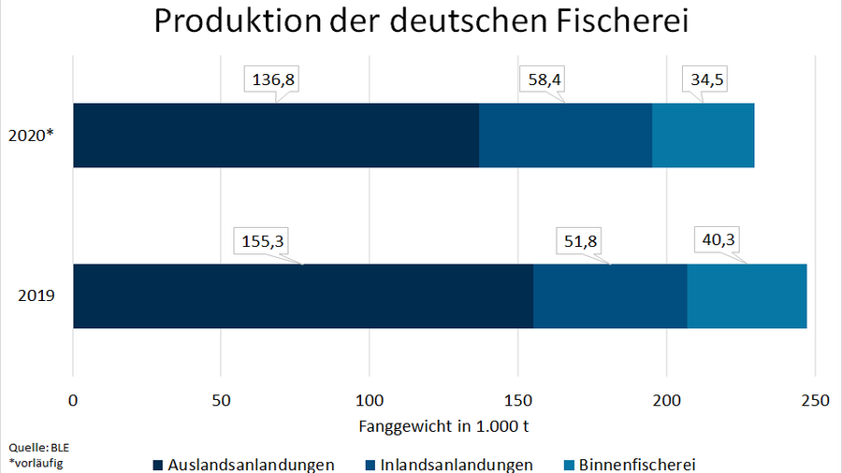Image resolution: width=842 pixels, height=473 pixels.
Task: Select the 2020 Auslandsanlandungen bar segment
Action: [275, 136]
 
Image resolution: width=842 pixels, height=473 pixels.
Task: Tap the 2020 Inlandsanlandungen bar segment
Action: [565, 136]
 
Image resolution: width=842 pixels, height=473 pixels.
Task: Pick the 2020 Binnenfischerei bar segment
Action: [703, 136]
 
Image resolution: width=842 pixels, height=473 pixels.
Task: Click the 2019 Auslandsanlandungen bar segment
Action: [302, 296]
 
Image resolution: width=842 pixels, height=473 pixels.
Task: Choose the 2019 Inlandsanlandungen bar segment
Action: [610, 296]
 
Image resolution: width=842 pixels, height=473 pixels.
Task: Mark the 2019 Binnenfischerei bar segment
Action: [747, 296]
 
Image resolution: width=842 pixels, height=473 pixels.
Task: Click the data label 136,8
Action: [274, 80]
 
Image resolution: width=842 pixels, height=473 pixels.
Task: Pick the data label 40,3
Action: [719, 242]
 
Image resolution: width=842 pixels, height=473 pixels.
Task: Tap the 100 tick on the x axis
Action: [369, 401]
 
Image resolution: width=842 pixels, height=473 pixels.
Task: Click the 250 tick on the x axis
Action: [814, 401]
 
